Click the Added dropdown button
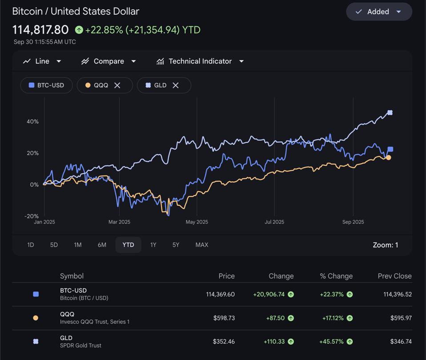click(379, 12)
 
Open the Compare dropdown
click(109, 61)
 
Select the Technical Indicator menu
click(200, 61)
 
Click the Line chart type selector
click(42, 61)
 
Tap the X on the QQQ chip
click(117, 85)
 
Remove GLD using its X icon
click(176, 85)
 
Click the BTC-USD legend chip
click(46, 85)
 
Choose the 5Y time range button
click(176, 245)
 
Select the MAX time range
click(201, 245)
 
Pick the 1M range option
click(77, 245)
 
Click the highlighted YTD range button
click(128, 245)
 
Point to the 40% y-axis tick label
click(33, 121)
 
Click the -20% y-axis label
click(32, 216)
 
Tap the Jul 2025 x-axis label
click(274, 222)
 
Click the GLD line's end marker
click(390, 113)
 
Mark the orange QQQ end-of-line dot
click(389, 158)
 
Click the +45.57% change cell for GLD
click(331, 342)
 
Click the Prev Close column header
click(394, 276)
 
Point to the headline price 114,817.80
click(40, 30)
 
